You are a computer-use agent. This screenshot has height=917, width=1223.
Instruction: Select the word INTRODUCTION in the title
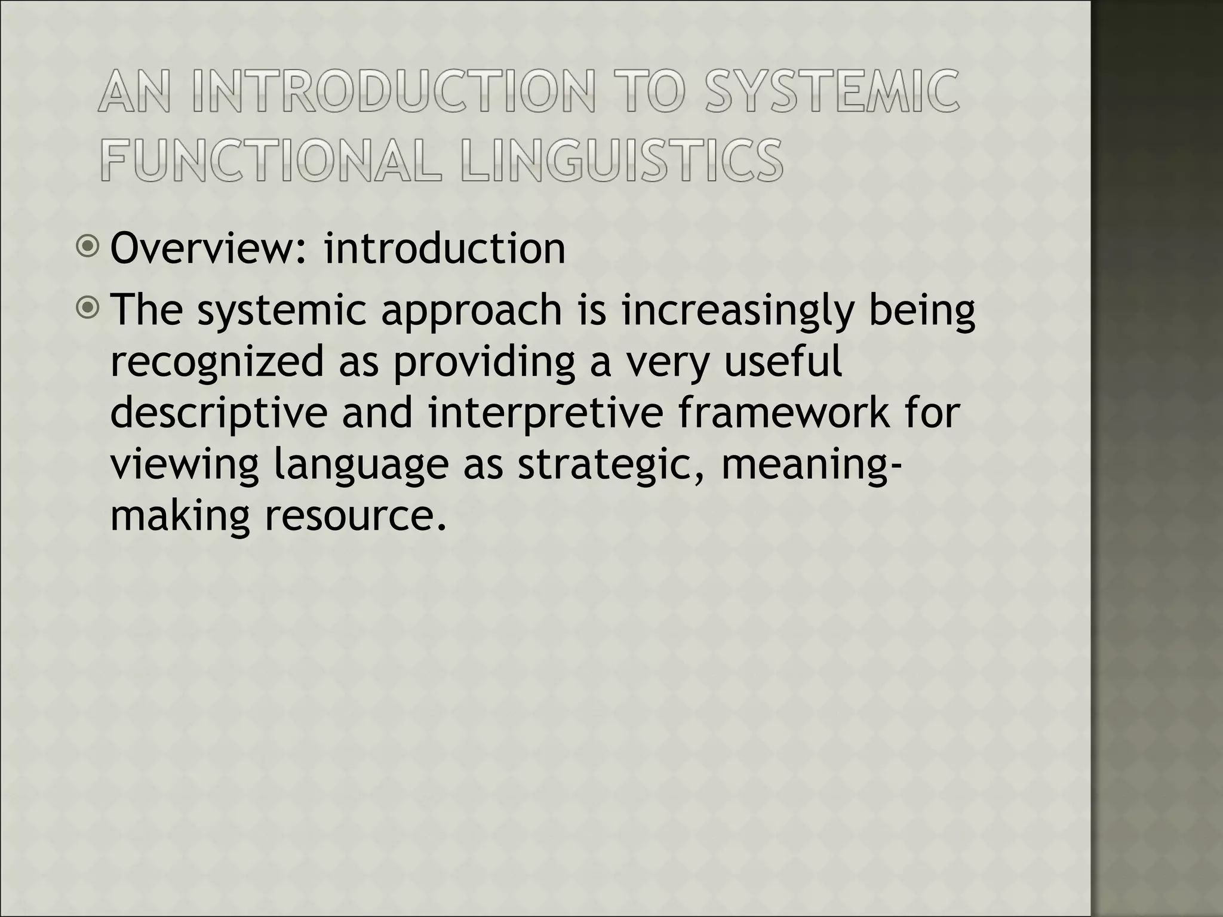[x=394, y=93]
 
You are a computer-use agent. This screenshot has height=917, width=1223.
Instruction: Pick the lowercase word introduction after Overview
[x=444, y=249]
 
